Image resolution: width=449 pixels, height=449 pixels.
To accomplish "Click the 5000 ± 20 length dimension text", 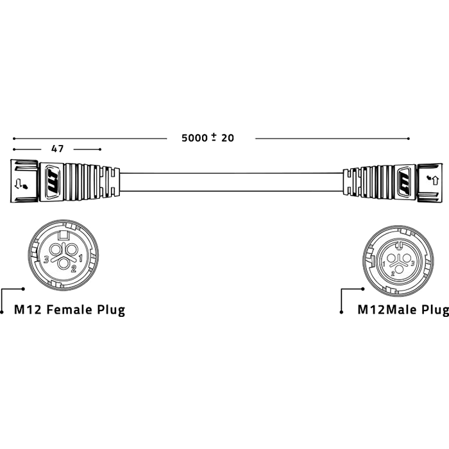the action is (208, 138).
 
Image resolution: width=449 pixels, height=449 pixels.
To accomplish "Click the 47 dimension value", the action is (57, 149).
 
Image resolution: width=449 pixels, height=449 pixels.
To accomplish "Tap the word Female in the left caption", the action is (69, 310).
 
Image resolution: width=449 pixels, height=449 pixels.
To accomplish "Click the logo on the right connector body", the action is (405, 182).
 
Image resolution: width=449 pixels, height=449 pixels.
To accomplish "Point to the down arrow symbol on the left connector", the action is (18, 184).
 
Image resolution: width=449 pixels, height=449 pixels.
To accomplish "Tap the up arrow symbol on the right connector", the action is (436, 180).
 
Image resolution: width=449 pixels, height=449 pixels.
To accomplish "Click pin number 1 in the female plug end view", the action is (81, 258).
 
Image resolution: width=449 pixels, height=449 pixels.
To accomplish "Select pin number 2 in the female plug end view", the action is (74, 269).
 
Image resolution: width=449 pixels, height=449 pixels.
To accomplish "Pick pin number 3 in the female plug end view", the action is (46, 260).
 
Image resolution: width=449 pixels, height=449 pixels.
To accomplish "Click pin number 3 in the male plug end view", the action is (412, 263).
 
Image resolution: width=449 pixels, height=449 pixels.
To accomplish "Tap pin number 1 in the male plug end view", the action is (384, 264).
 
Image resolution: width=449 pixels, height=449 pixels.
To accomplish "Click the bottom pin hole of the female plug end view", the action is (64, 264).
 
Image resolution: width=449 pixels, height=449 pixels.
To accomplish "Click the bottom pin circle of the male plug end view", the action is (398, 269).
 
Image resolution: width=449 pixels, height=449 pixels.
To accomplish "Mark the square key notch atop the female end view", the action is (64, 235).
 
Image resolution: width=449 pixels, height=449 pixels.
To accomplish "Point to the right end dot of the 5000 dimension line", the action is (409, 139).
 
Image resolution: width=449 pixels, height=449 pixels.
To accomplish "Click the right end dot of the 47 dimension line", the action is (100, 149).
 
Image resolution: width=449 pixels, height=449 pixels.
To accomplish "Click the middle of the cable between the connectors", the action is (232, 182).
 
